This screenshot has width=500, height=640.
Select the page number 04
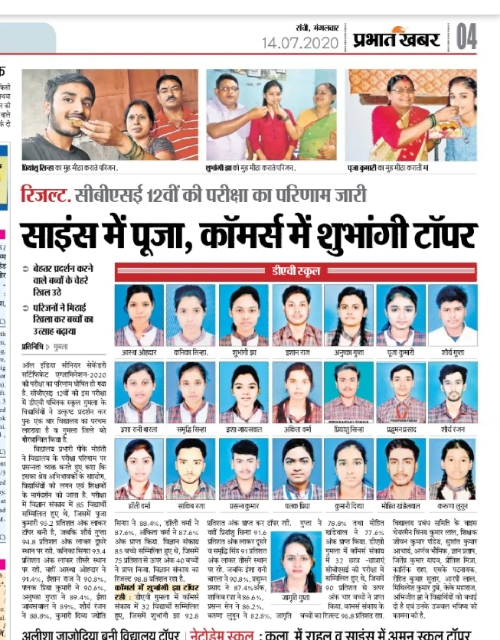click(466, 36)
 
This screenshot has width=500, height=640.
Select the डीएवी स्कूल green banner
click(297, 270)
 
